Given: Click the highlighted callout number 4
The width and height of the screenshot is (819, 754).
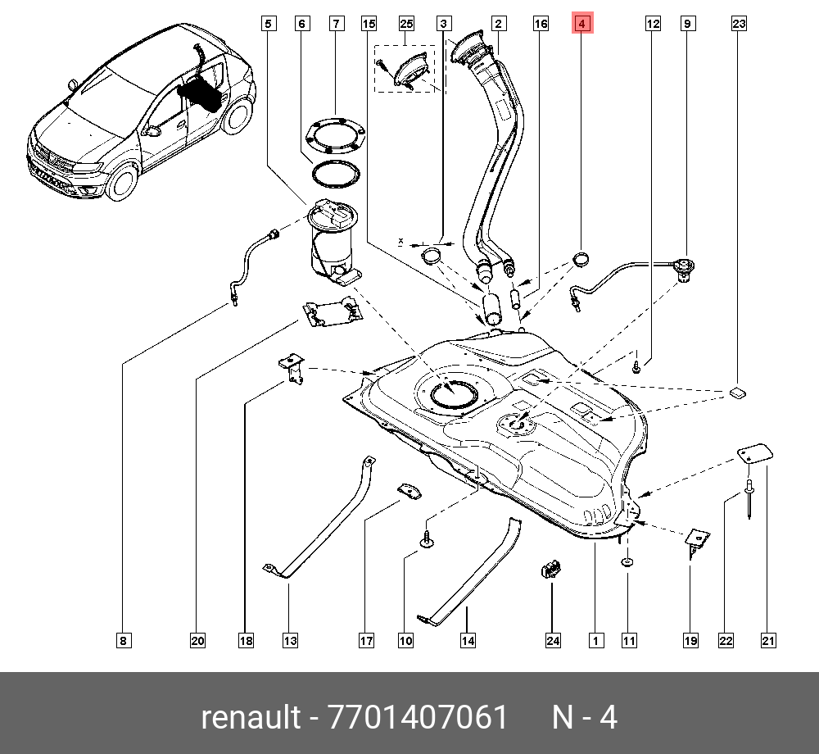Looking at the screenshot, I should (x=581, y=24).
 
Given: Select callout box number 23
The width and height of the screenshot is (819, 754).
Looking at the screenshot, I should (x=739, y=24).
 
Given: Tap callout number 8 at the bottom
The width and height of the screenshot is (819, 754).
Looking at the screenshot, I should (x=122, y=641).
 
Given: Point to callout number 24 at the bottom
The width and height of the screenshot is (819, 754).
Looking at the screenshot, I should (x=553, y=641).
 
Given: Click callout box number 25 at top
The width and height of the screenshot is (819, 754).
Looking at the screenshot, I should (x=407, y=24).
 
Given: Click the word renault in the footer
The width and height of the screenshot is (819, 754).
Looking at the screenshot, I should (x=251, y=718).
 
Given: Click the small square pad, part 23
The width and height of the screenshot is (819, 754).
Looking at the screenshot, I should (x=738, y=392).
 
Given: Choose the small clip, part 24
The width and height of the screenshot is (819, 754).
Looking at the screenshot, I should (x=550, y=567).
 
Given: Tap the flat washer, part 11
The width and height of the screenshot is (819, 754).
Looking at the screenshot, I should (x=627, y=562).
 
